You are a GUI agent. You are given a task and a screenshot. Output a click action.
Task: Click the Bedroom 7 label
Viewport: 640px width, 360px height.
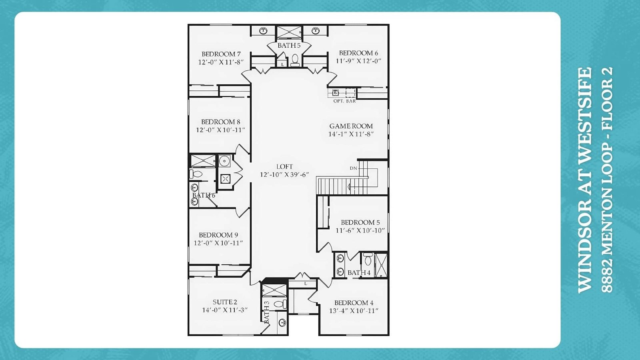(221, 54)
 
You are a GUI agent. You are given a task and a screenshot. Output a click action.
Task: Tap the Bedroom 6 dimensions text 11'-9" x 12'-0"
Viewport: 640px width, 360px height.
(358, 61)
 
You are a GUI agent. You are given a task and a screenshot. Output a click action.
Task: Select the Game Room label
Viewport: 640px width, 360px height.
(351, 126)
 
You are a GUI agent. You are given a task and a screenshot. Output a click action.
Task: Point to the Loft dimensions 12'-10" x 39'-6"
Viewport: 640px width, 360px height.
(284, 174)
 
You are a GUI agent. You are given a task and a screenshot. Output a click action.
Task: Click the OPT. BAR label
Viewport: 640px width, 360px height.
(344, 101)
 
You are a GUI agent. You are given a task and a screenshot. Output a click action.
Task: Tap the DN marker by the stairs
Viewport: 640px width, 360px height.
(354, 168)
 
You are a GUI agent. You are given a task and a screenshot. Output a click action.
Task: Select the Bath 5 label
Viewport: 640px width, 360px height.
(289, 46)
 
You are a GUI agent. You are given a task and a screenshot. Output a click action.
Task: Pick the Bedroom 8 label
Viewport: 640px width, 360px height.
(220, 122)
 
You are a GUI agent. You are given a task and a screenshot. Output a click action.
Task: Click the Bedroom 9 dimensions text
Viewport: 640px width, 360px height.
(218, 243)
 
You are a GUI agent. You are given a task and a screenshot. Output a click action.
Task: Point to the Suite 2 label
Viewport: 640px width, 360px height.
(225, 302)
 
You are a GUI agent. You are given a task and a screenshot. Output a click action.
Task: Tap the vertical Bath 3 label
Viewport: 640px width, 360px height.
(266, 312)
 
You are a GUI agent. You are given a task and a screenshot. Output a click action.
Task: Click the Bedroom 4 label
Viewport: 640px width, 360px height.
(354, 302)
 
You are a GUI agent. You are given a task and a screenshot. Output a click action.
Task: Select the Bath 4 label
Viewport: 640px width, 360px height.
(359, 272)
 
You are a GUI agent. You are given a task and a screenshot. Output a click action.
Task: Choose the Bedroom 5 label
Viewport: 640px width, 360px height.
(360, 222)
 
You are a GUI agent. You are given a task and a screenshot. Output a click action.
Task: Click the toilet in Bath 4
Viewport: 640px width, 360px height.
(368, 259)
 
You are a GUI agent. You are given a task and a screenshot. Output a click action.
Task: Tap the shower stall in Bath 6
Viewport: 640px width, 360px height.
(203, 160)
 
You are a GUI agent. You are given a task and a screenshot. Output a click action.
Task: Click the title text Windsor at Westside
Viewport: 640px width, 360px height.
(584, 180)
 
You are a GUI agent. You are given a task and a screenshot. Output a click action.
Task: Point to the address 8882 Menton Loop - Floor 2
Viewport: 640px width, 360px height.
(607, 180)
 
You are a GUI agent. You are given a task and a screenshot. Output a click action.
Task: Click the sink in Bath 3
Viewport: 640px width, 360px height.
(282, 323)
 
